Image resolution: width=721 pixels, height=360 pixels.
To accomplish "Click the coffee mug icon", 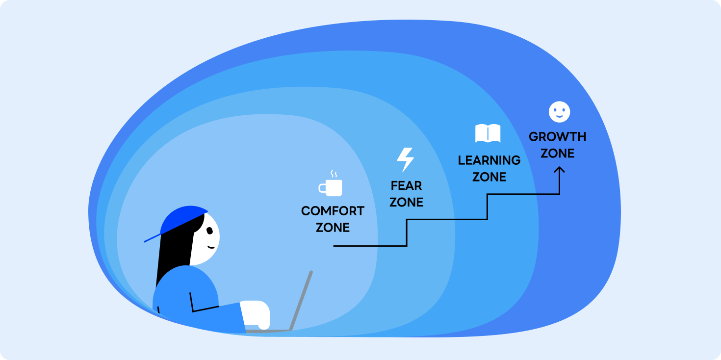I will pos(331,187).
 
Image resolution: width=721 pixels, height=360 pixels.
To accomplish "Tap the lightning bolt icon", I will pos(405,160).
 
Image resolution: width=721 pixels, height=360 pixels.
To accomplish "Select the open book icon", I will pos(488,133).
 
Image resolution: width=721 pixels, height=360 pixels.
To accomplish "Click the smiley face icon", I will pos(559,112).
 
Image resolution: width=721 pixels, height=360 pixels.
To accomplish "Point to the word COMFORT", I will pos(333,211).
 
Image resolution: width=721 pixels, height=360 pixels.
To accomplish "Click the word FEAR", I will pos(406,186).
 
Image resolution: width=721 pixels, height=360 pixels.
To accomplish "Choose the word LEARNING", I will pos(489,160).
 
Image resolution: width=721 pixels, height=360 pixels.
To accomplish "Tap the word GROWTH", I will pos(557,137).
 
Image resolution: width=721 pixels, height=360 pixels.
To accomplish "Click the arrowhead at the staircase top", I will pos(560,170).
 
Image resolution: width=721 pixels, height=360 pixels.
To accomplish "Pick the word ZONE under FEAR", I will pos(406,202).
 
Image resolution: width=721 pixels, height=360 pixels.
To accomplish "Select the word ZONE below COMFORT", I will pos(333,228).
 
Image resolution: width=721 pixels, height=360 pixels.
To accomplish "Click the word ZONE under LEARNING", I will pos(489,177).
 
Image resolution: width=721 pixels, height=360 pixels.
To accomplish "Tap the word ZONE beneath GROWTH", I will pos(557,154).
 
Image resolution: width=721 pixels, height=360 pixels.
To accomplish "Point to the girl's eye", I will pos(209,231).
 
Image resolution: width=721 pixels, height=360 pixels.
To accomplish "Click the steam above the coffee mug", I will pos(334,174).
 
